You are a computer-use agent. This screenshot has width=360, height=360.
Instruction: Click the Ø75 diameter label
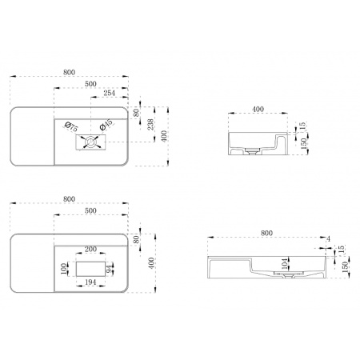point(71,126)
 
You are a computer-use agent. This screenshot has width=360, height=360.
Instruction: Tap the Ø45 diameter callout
point(106,125)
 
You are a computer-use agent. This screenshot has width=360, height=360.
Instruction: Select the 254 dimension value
point(110,93)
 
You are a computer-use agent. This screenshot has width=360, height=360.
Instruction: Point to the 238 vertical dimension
point(150,125)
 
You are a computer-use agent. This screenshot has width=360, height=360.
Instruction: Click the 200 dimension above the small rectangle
point(90,249)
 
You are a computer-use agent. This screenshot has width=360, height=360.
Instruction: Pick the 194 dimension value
point(90,282)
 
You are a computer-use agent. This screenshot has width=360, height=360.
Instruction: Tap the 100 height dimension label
point(63,269)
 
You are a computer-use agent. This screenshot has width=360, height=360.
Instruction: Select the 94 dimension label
point(110,269)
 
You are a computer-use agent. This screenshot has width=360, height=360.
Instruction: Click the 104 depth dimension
point(285,263)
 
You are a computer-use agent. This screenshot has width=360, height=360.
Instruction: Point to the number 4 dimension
point(328,239)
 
